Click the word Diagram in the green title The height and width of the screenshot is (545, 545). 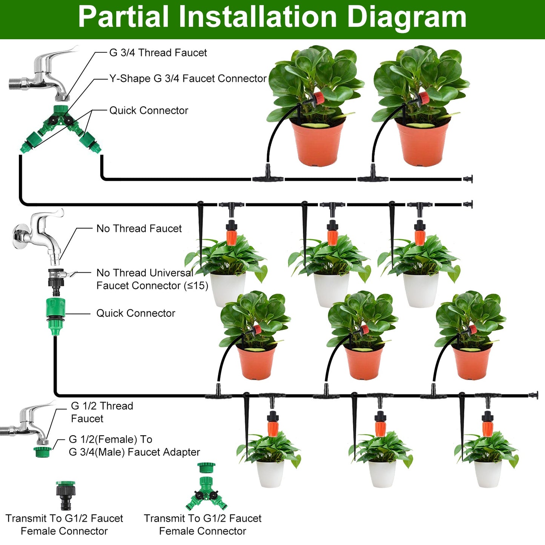[406, 17]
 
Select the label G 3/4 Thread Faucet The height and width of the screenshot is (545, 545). [158, 53]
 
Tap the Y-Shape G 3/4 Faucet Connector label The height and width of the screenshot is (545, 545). [188, 78]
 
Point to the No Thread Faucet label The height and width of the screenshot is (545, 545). [139, 229]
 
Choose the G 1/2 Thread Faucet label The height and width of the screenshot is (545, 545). [102, 412]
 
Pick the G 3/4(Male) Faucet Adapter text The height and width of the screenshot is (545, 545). [134, 452]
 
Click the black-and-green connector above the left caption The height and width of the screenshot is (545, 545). [66, 495]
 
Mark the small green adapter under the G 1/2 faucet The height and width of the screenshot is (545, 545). [42, 451]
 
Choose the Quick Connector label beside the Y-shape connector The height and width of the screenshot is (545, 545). [149, 111]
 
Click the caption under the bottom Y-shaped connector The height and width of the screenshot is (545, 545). [203, 525]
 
